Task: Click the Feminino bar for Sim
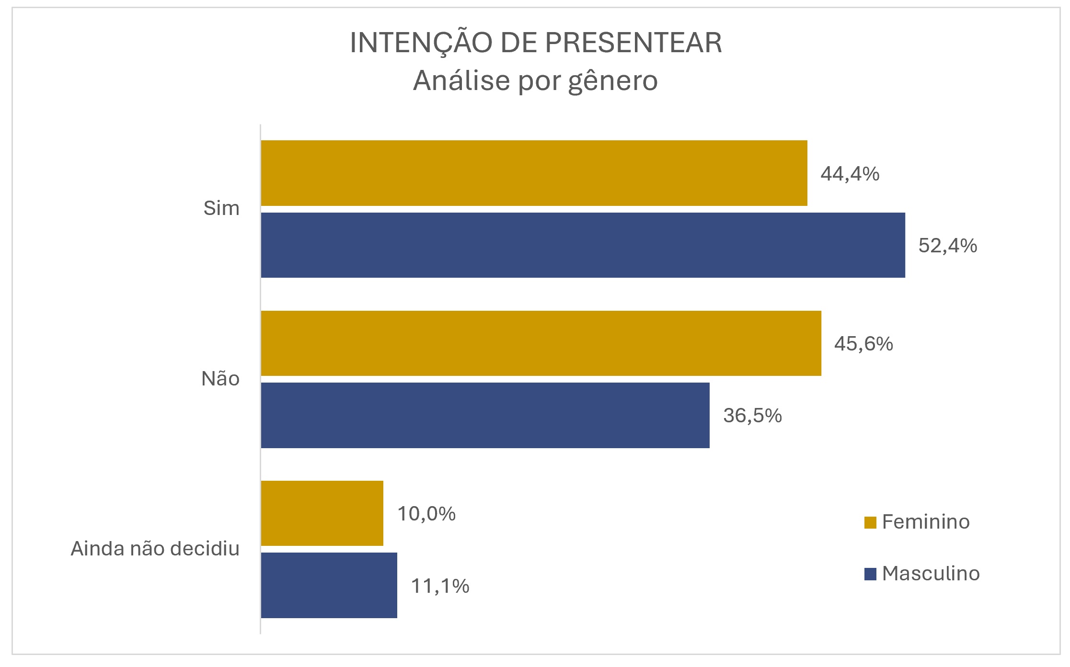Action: pyautogui.click(x=534, y=173)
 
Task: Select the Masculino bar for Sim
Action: pyautogui.click(x=583, y=245)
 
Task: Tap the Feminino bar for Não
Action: pyautogui.click(x=541, y=343)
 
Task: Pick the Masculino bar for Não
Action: pyautogui.click(x=485, y=415)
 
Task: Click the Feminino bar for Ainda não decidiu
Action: pyautogui.click(x=322, y=513)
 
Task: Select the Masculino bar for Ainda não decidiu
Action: pyautogui.click(x=329, y=585)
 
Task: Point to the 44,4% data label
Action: pyautogui.click(x=850, y=174)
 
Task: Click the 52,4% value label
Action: pyautogui.click(x=947, y=246)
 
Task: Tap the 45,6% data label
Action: pyautogui.click(x=863, y=344)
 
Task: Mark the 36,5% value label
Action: pyautogui.click(x=752, y=416)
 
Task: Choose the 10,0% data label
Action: pyautogui.click(x=426, y=514)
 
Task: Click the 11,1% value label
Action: pyautogui.click(x=440, y=586)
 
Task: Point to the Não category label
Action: pyautogui.click(x=220, y=379)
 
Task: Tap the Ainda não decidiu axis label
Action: pyautogui.click(x=155, y=549)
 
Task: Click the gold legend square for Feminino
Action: pyautogui.click(x=870, y=522)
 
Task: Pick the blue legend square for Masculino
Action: pyautogui.click(x=870, y=574)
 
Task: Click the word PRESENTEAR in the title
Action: pyautogui.click(x=633, y=43)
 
